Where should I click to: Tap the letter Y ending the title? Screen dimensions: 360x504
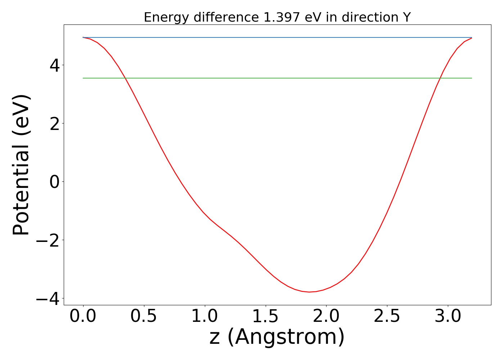[407, 17]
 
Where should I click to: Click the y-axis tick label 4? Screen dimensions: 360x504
[55, 65]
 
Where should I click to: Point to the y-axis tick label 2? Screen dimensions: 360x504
[55, 123]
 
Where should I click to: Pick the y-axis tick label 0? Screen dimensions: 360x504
[55, 182]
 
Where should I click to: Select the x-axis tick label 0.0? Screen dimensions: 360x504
[83, 316]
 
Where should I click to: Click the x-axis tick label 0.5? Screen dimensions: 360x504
[144, 316]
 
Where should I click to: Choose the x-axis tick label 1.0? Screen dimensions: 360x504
[204, 316]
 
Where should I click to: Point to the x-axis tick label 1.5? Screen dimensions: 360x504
[265, 316]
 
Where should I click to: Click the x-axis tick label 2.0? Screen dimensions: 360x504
[326, 316]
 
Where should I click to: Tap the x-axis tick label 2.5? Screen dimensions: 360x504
[387, 316]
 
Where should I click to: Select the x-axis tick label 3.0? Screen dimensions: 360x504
[448, 316]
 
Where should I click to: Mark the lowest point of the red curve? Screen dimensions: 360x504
[309, 292]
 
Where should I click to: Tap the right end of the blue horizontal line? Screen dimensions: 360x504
[472, 37]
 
